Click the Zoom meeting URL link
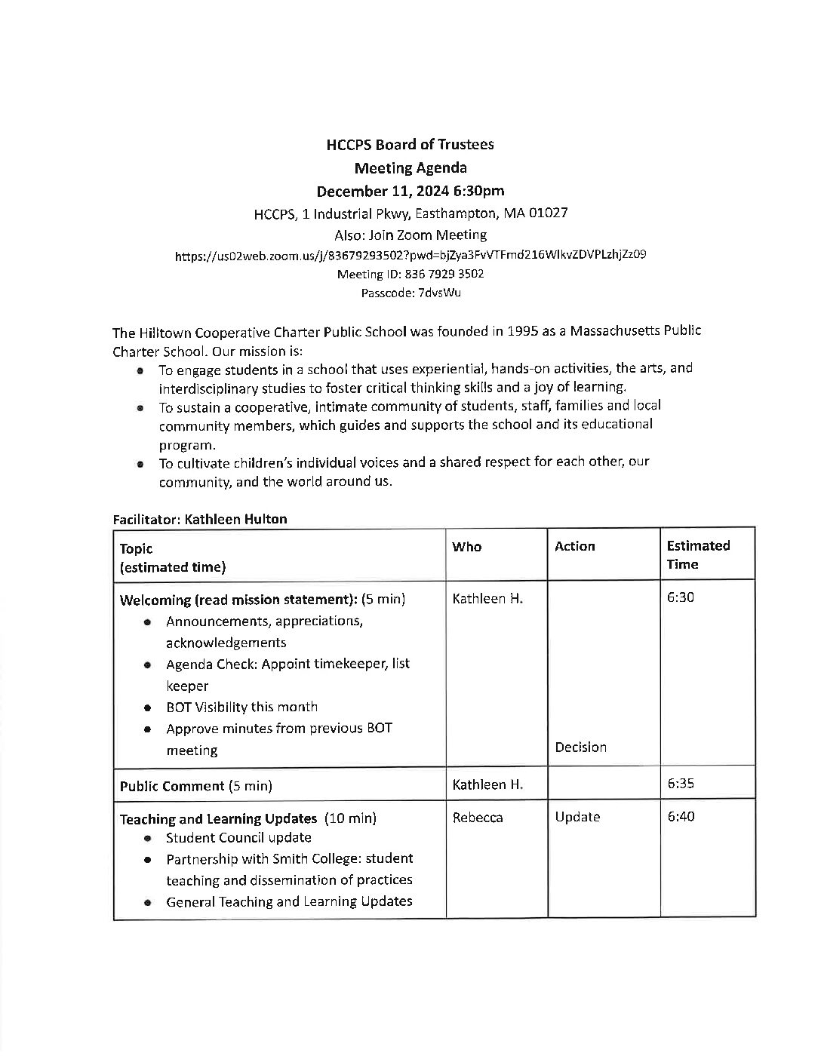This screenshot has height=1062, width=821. [410, 255]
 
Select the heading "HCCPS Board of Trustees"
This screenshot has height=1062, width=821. [410, 144]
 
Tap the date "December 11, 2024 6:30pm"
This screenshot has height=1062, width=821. [410, 190]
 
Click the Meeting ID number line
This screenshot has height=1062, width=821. [410, 274]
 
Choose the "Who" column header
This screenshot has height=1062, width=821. [466, 547]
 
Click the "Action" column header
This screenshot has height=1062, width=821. [574, 547]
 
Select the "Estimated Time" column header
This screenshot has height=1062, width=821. [698, 554]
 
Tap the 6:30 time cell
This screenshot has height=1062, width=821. [681, 598]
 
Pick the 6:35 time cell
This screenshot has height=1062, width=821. [681, 784]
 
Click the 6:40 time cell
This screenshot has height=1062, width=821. [681, 817]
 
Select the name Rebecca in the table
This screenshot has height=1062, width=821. [477, 818]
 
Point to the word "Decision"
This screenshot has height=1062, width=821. [580, 747]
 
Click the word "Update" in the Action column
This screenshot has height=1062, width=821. [577, 817]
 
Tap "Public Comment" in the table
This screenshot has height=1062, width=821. [173, 786]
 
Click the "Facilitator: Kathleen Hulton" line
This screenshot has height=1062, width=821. [200, 519]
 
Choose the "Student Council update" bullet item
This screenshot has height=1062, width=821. [238, 837]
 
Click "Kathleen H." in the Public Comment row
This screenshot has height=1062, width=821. [487, 784]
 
